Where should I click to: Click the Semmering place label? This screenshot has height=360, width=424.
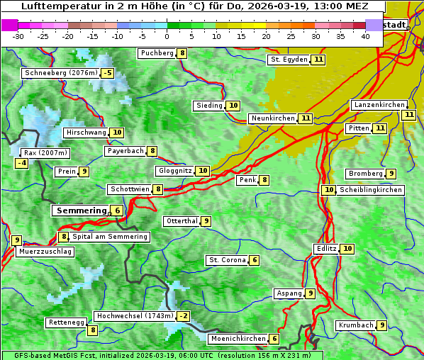[x=81, y=210]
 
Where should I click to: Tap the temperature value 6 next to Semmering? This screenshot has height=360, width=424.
[x=117, y=210]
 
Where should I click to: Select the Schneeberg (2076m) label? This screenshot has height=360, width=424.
[x=60, y=73]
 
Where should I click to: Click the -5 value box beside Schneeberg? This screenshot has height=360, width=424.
[x=107, y=73]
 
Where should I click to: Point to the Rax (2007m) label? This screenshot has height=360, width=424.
[x=45, y=153]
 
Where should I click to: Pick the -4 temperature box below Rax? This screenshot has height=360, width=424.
[x=22, y=164]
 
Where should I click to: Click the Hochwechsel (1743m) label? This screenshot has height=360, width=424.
[x=134, y=316]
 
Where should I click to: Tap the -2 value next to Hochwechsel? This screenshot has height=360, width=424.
[x=184, y=316]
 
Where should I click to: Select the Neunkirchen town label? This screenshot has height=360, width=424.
[x=272, y=118]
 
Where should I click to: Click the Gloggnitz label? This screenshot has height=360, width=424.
[x=174, y=171]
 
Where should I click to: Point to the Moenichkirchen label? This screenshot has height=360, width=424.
[x=238, y=339]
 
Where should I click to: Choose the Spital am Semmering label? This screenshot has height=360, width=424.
[x=110, y=237]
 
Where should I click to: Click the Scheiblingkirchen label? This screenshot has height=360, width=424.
[x=370, y=190]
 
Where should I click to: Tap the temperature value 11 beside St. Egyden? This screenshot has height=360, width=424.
[x=319, y=60]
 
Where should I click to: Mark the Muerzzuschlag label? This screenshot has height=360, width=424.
[x=45, y=252]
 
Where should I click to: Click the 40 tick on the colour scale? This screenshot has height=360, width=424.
[x=365, y=36]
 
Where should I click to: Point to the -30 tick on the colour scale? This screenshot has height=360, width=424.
[x=18, y=36]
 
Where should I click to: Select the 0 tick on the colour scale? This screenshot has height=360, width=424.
[x=167, y=36]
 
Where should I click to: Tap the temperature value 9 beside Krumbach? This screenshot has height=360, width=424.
[x=382, y=325]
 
